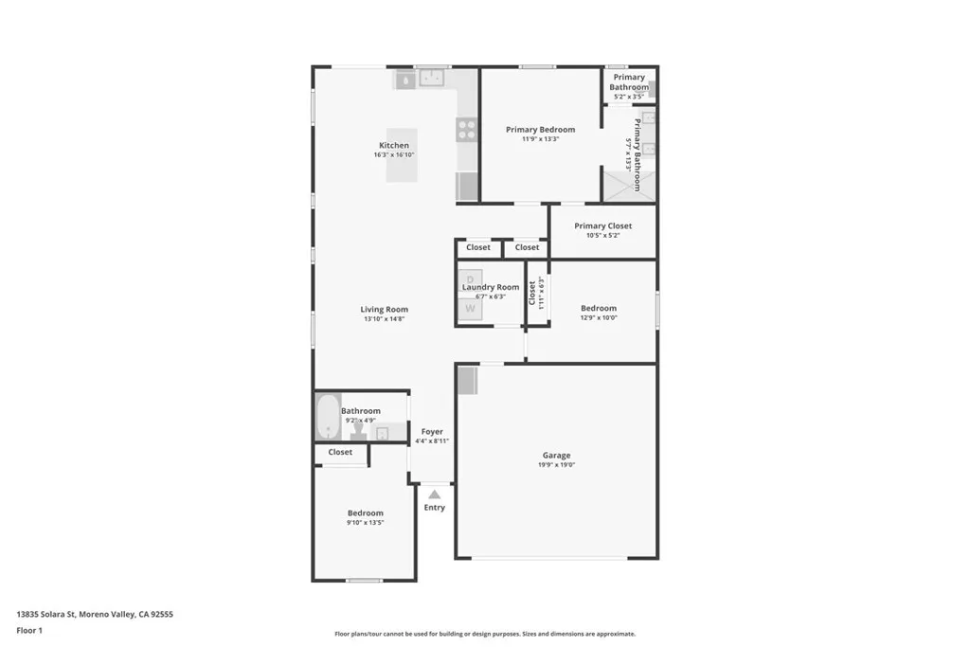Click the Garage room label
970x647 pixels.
(556, 456)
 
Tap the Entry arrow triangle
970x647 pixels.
(434, 494)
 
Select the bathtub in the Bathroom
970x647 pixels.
(328, 416)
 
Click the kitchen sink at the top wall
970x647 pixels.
(433, 78)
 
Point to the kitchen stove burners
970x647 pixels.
(467, 129)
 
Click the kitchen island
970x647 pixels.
(401, 155)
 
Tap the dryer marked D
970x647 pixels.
(470, 279)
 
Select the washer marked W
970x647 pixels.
(470, 308)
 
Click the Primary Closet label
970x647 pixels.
(602, 226)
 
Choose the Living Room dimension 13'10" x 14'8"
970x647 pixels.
(385, 319)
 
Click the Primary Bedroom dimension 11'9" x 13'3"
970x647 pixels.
(540, 139)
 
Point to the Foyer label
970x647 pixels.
(432, 432)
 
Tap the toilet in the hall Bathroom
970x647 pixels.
(359, 431)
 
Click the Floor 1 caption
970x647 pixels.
(29, 630)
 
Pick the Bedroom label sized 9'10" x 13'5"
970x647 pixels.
(365, 513)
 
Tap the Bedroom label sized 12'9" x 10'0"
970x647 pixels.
(599, 308)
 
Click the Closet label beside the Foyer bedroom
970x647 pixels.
(340, 453)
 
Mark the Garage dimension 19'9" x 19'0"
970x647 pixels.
(556, 465)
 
